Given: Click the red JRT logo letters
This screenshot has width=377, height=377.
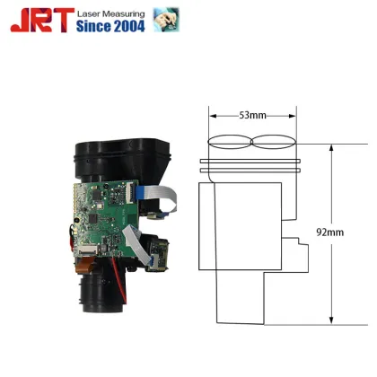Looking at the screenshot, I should [x=36, y=19].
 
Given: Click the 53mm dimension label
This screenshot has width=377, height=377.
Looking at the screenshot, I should [x=253, y=115].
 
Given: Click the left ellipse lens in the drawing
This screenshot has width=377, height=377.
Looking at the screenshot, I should [x=231, y=141].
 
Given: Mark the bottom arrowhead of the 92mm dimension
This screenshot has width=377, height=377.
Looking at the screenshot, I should [x=332, y=320].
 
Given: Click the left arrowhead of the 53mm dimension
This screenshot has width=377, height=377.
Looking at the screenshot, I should [x=213, y=115].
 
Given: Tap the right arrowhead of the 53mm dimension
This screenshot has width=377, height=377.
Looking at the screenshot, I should [x=294, y=115].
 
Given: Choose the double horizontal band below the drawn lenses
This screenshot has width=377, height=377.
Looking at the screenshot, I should [x=253, y=162].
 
